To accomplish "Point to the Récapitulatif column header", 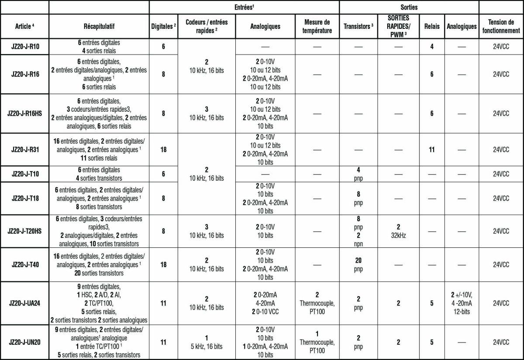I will [x=99, y=26].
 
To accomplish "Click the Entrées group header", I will [x=244, y=7].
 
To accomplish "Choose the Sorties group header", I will [x=409, y=7].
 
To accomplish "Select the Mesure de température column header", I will [x=317, y=26].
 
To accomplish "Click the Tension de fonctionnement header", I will [x=501, y=26].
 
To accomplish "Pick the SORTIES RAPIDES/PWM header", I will [x=398, y=26].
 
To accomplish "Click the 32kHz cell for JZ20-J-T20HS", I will [x=398, y=231].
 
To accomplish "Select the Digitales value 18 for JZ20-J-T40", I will [x=163, y=265].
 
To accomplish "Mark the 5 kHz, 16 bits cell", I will [x=207, y=343].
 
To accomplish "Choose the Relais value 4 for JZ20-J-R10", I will [x=431, y=45].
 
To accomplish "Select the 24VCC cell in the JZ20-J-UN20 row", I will [x=501, y=343].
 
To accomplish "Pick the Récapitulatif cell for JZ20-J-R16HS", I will [x=99, y=113].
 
